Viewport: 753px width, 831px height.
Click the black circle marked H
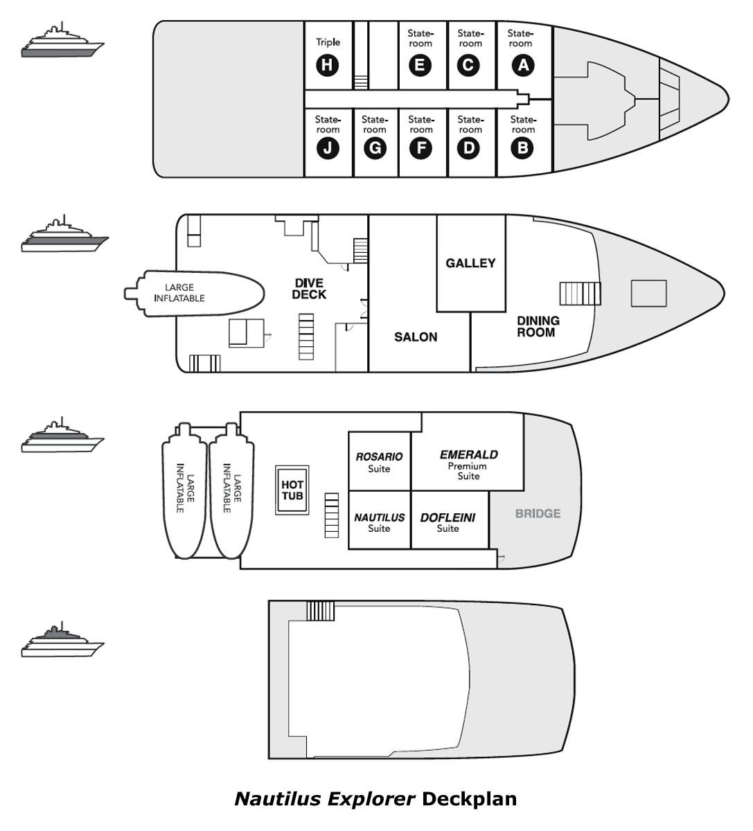pos(327,66)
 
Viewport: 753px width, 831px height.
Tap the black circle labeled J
pos(327,148)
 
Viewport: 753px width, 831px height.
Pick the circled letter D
pos(470,148)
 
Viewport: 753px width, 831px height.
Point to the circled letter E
pos(420,65)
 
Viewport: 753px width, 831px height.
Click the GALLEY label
pos(470,263)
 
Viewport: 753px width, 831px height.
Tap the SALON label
pos(416,337)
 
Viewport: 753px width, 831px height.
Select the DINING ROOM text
pos(538,326)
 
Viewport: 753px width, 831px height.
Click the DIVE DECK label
pos(309,289)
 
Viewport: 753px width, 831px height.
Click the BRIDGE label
pos(538,514)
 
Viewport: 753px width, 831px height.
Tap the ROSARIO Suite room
pos(379,462)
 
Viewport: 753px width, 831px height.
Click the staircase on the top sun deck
pos(320,611)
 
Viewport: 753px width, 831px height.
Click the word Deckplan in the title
pos(469,799)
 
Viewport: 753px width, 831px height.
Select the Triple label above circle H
pos(328,42)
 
